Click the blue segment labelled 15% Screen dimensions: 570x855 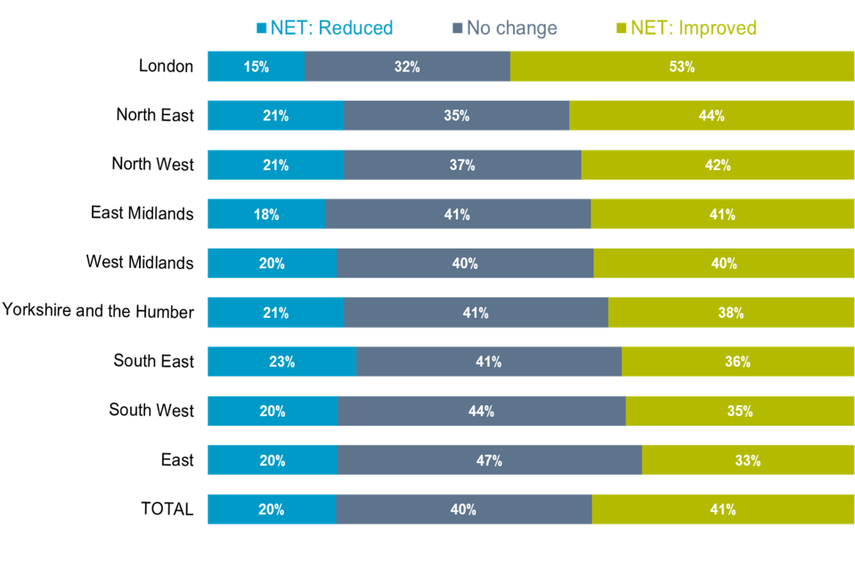[x=256, y=67]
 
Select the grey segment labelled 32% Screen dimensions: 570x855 [x=407, y=67]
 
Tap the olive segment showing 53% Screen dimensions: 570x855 [x=682, y=67]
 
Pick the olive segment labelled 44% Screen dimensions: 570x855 [x=712, y=116]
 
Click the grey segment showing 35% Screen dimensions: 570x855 [x=457, y=116]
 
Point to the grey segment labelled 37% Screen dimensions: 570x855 [x=462, y=165]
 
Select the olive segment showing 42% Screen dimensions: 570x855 [x=718, y=165]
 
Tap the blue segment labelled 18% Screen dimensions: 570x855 [x=266, y=215]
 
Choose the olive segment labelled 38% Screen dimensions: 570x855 [x=731, y=313]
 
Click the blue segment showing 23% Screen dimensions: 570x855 [x=281, y=362]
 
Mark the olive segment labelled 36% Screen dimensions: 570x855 [x=737, y=362]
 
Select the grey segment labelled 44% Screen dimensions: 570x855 [x=482, y=411]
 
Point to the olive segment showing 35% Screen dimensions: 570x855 [x=740, y=411]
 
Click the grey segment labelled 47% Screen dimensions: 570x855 [x=490, y=460]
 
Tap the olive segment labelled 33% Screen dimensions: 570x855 [x=748, y=460]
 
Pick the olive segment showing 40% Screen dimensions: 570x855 [x=724, y=264]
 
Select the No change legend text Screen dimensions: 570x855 [x=511, y=28]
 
